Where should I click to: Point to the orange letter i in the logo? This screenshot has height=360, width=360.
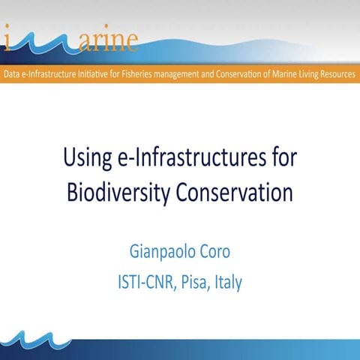point(9,37)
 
